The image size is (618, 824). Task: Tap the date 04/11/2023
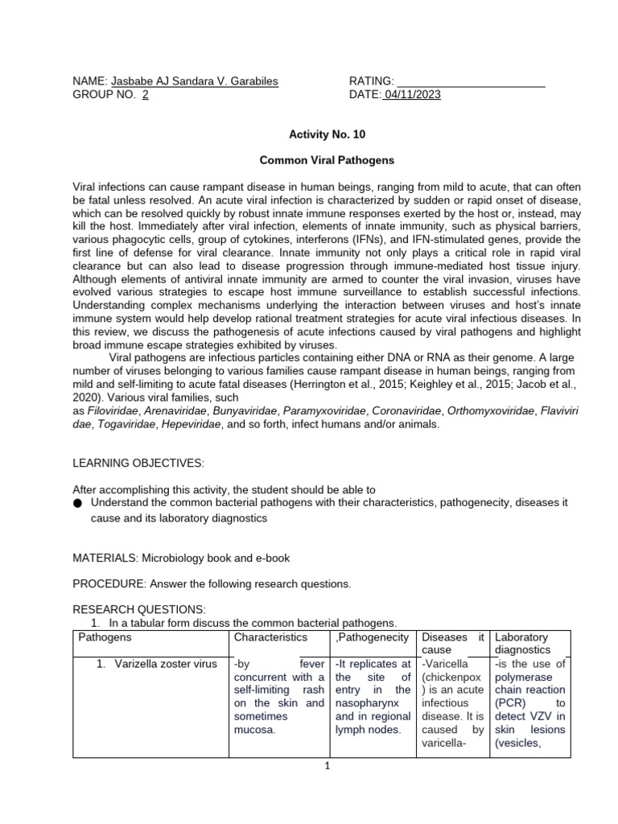(x=412, y=95)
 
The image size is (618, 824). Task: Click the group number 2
(x=145, y=95)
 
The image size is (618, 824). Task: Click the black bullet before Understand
(x=77, y=503)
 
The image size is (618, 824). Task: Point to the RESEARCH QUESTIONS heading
(x=139, y=609)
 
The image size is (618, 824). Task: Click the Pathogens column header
(x=105, y=637)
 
